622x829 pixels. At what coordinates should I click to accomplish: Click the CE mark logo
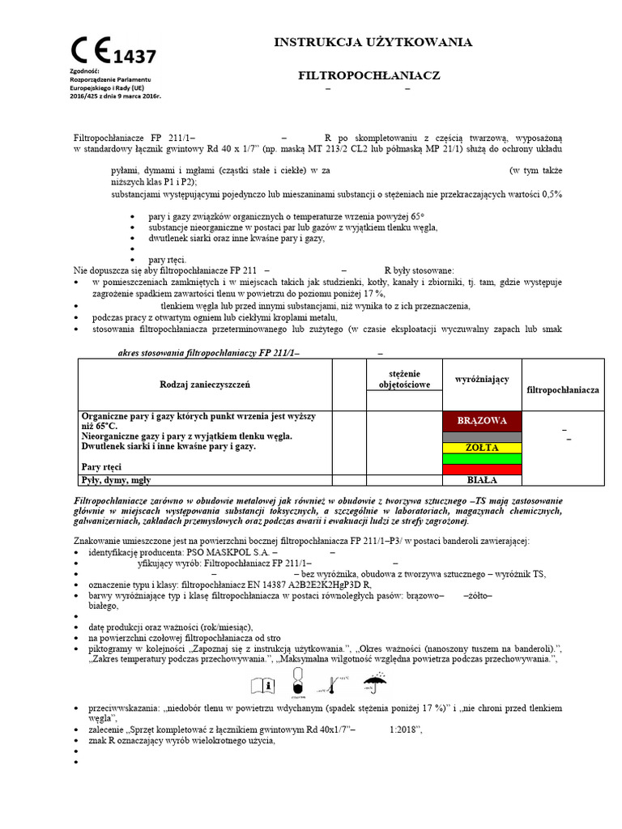click(x=92, y=50)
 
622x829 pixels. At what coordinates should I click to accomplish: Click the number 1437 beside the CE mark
click(x=134, y=56)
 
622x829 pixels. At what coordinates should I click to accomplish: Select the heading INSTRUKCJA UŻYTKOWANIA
click(x=373, y=42)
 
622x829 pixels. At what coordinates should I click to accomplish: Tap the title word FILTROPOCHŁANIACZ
click(x=369, y=74)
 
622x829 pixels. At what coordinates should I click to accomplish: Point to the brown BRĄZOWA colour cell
click(x=482, y=421)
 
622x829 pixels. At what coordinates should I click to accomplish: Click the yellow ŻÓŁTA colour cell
click(x=482, y=448)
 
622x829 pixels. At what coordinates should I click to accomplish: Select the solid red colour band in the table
click(x=482, y=469)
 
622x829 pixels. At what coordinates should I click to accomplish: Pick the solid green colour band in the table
click(x=482, y=458)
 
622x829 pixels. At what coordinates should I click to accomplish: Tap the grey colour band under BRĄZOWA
click(x=482, y=436)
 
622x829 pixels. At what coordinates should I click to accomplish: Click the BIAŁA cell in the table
click(x=482, y=479)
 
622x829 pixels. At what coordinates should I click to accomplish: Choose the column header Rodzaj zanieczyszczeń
click(x=205, y=384)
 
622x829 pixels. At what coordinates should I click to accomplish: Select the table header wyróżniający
click(x=482, y=379)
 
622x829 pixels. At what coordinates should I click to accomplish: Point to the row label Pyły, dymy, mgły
click(x=116, y=479)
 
